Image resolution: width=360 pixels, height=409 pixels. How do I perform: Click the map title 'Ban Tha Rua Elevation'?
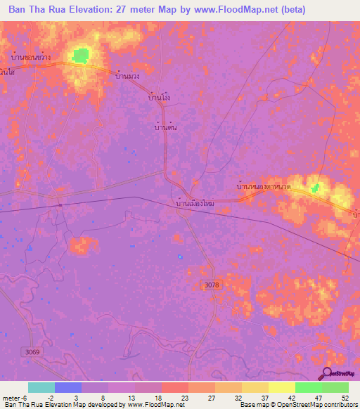[x=70, y=10]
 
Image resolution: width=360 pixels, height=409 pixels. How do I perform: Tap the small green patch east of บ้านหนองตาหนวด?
[x=316, y=187]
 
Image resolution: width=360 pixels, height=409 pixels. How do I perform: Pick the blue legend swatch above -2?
[x=68, y=387]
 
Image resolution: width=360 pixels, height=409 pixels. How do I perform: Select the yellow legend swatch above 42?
[x=282, y=387]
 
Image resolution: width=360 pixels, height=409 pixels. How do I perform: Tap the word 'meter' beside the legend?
[x=11, y=397]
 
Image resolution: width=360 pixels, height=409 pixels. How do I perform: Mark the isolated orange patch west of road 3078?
[x=83, y=245]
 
